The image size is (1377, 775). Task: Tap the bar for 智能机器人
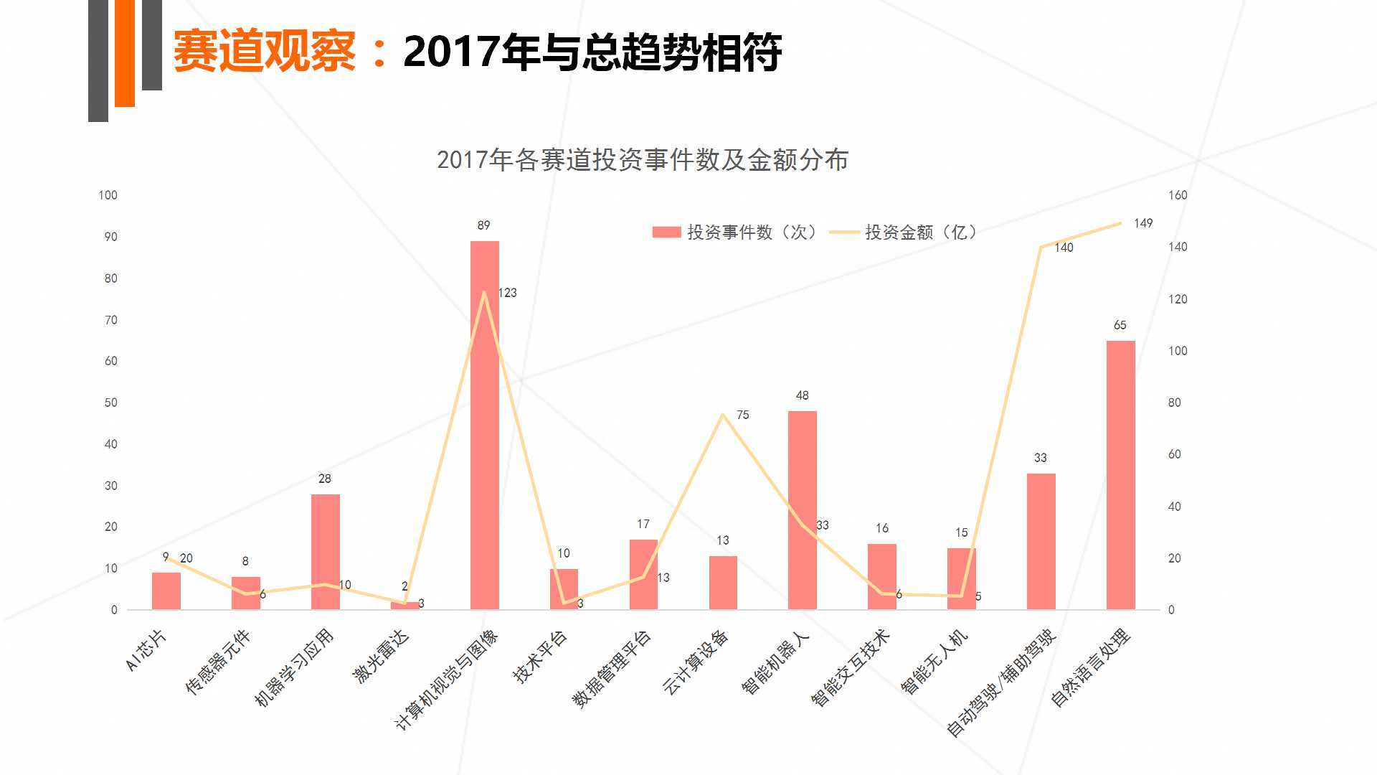[802, 510]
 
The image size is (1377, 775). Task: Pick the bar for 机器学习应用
[325, 552]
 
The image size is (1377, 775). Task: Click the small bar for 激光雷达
[404, 606]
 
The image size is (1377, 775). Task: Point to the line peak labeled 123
[484, 292]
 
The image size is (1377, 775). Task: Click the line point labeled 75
[723, 414]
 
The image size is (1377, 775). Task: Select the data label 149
[1143, 223]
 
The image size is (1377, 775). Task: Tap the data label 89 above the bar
[483, 225]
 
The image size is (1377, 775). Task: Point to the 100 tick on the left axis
[108, 195]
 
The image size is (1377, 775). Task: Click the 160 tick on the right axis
[1178, 195]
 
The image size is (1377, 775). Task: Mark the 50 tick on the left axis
[110, 403]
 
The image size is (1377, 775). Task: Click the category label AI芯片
[146, 650]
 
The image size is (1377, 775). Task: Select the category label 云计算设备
[696, 662]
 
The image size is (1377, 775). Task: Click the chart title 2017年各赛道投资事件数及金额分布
[642, 160]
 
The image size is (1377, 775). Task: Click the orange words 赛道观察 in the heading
[264, 52]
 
